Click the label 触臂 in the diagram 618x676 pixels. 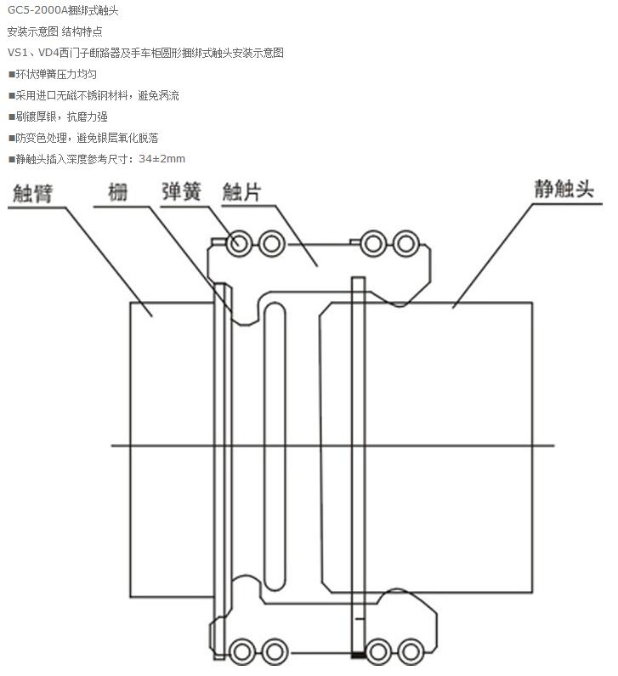click(32, 192)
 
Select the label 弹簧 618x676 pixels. click(181, 190)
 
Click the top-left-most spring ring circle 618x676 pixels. click(239, 244)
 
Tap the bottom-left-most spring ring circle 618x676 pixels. click(239, 651)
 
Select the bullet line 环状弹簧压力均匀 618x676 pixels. click(50, 74)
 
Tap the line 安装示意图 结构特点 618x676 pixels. click(54, 31)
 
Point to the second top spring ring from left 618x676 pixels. click(271, 244)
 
